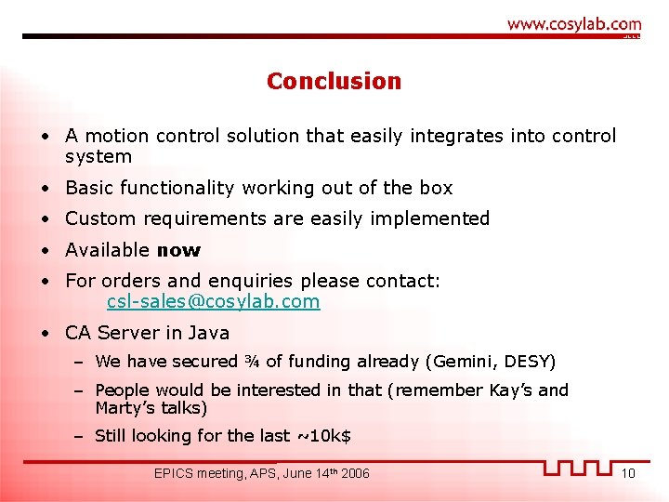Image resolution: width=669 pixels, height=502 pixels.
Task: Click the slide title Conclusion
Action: [x=334, y=82]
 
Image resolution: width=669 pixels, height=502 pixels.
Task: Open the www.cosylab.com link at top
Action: [x=574, y=24]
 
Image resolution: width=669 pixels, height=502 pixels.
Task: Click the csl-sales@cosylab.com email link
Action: [x=213, y=302]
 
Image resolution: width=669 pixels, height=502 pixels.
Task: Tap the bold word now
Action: [x=178, y=250]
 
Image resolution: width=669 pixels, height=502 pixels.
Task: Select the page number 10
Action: [x=628, y=474]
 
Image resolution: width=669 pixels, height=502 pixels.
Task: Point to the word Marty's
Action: [x=125, y=408]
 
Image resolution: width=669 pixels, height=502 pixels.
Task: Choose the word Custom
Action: [x=98, y=218]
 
